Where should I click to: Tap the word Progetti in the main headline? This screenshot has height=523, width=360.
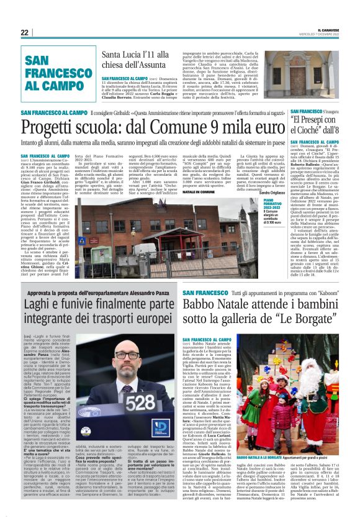pyautogui.click(x=48, y=128)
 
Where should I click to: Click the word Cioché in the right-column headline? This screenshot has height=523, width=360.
pyautogui.click(x=312, y=130)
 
